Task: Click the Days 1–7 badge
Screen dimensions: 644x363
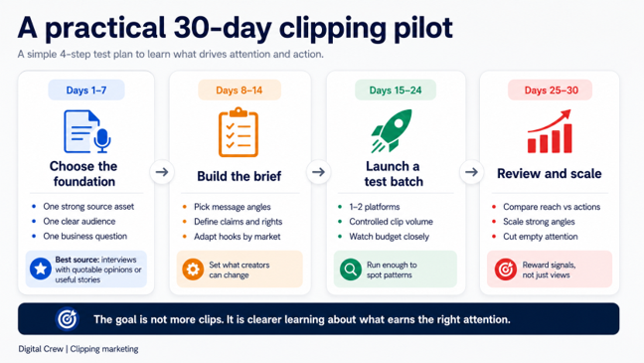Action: (86, 91)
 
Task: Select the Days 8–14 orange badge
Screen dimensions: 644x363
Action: (240, 91)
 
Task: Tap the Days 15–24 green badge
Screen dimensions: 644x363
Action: (396, 91)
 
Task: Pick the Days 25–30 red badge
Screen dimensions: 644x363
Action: (551, 91)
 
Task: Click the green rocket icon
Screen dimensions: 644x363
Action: (392, 130)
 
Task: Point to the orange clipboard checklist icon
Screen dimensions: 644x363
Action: (239, 132)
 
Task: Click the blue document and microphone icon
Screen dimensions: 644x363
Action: (87, 131)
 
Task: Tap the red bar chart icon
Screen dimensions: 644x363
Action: (550, 131)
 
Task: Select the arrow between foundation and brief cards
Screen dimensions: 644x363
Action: (162, 172)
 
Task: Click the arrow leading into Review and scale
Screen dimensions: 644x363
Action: (471, 172)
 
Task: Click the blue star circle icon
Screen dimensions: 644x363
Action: (41, 269)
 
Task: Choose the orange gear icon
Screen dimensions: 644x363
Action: (193, 270)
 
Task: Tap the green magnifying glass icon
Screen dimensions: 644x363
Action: (351, 270)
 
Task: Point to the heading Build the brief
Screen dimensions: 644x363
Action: (240, 176)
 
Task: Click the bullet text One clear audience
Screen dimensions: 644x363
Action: (80, 221)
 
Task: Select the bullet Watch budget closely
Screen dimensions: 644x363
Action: (389, 237)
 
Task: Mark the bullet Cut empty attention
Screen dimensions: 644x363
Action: (541, 237)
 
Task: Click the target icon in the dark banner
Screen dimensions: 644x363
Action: (68, 319)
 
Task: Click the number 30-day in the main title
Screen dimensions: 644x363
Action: (223, 29)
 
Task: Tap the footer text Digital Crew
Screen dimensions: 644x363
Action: (41, 349)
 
